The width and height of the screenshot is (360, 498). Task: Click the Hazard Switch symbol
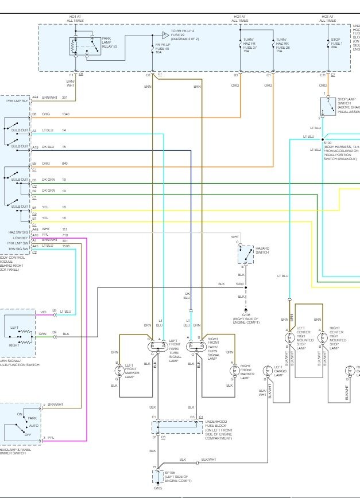pyautogui.click(x=246, y=254)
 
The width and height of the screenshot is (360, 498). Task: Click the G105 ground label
pyautogui.click(x=158, y=491)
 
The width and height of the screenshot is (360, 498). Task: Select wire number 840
pyautogui.click(x=64, y=164)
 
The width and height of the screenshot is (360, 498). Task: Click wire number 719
pyautogui.click(x=65, y=235)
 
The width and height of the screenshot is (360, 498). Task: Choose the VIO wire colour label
pyautogui.click(x=43, y=312)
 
